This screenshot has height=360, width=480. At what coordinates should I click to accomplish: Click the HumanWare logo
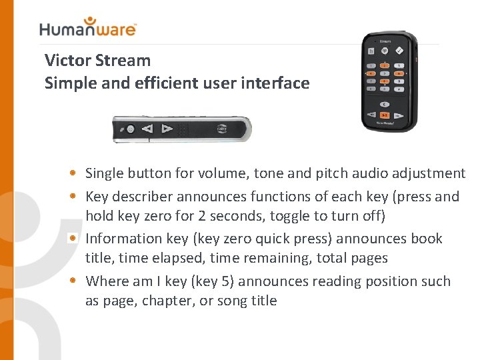[87, 27]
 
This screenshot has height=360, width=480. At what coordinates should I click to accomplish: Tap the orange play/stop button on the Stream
[385, 115]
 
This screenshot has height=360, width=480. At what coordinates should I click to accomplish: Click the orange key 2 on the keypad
[385, 65]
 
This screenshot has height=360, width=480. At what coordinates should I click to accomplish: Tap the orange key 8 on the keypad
[385, 81]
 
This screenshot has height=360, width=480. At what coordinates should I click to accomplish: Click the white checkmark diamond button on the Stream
[400, 50]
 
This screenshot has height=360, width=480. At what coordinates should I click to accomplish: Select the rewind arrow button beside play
[370, 114]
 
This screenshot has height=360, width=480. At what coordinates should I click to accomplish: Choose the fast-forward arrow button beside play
[400, 114]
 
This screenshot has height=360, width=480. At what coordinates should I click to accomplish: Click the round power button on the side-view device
[131, 129]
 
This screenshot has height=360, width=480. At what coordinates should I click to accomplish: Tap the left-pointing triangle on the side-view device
[148, 129]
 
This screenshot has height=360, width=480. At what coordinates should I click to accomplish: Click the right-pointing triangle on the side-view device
[167, 129]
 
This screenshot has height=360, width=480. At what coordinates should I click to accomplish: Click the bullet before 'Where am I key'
[77, 281]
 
